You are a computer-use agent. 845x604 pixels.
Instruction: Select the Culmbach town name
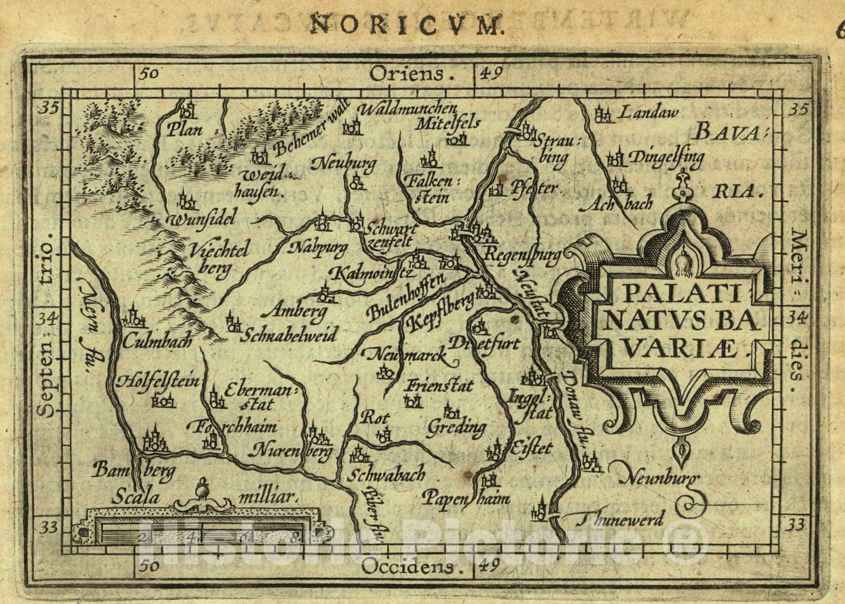[x=157, y=341]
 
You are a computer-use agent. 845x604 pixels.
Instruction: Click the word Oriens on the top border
[x=406, y=73]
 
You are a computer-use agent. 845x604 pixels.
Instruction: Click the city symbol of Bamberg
[x=153, y=441]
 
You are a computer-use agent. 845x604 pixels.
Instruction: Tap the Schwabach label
[x=387, y=475]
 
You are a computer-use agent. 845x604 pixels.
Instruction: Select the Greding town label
[x=457, y=426]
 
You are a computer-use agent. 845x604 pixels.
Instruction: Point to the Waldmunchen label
[x=407, y=109]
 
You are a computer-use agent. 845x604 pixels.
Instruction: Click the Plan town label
[x=184, y=130]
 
